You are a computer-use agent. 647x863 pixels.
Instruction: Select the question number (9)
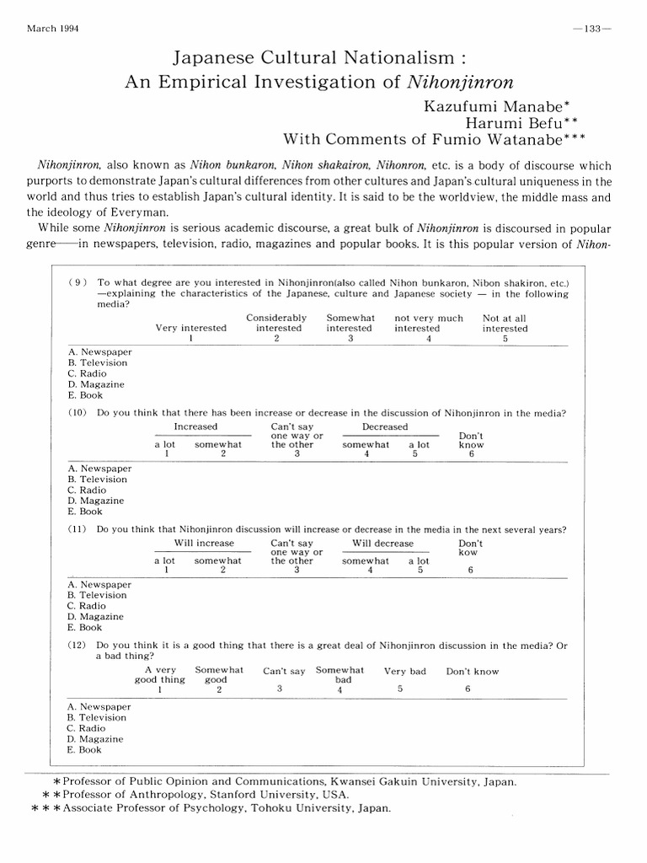(x=79, y=282)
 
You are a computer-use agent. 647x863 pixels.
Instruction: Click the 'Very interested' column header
(x=190, y=329)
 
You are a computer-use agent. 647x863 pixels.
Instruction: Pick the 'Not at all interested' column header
(x=505, y=324)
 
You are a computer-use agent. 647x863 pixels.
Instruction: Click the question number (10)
(x=79, y=413)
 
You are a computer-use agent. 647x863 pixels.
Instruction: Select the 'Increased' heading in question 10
(x=195, y=427)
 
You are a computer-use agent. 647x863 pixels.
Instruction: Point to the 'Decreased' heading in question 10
(x=384, y=427)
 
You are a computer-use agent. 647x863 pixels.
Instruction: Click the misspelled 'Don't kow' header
(x=470, y=548)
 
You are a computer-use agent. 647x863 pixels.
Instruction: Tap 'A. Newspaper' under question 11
(x=99, y=584)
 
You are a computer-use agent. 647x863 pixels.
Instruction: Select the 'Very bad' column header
(x=405, y=672)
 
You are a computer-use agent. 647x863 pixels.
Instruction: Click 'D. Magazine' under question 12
(x=95, y=739)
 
